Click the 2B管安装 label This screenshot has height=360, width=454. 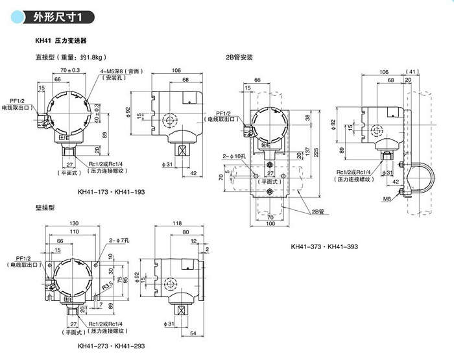point(238,57)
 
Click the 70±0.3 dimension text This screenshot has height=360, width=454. point(69,69)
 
